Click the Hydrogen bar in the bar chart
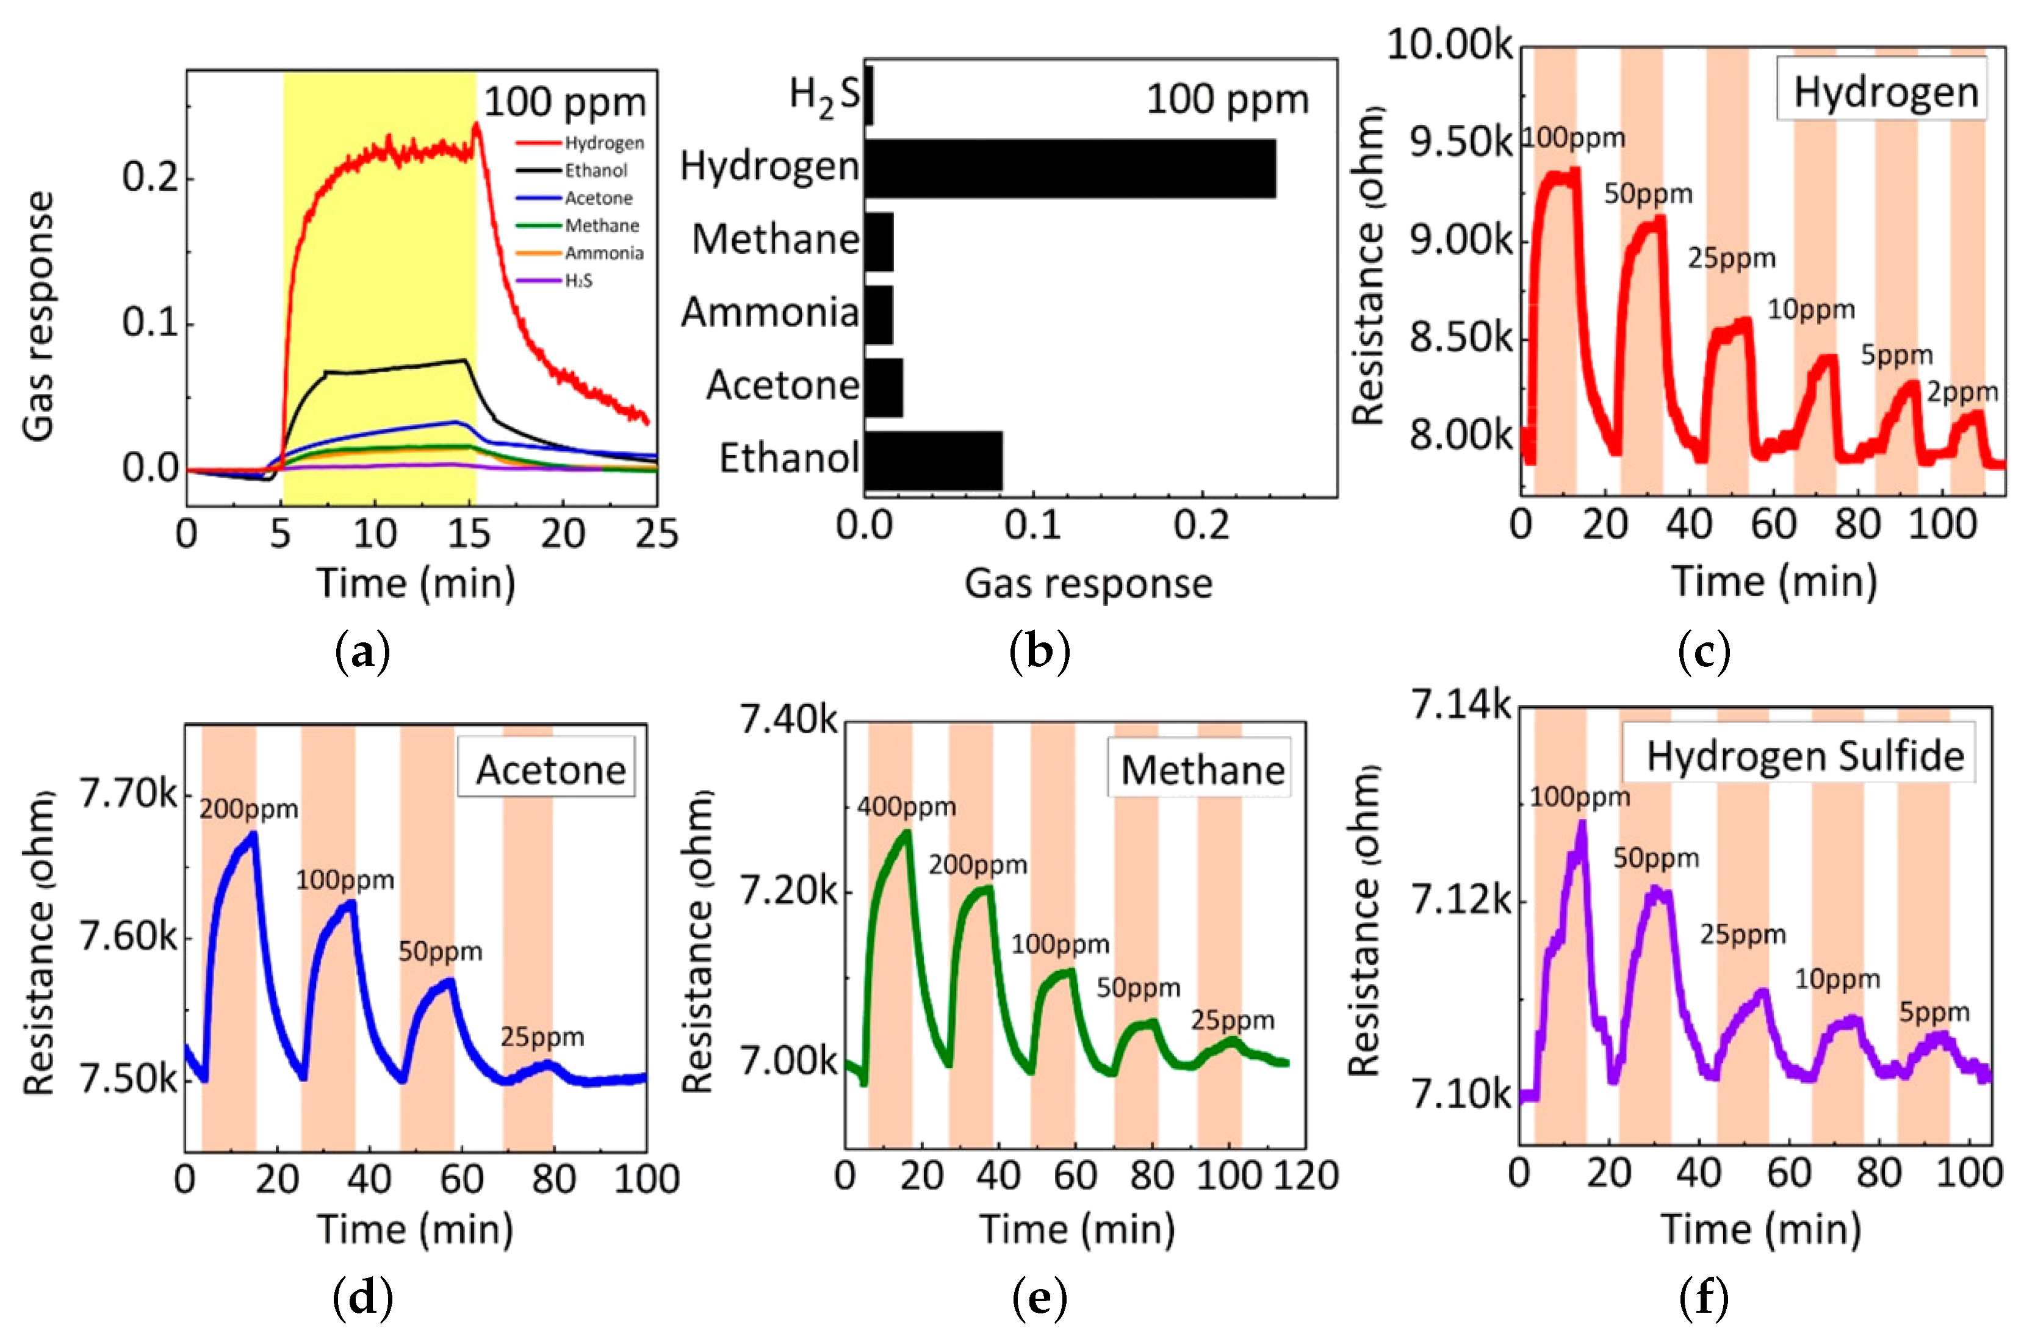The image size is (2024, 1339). coord(1069,168)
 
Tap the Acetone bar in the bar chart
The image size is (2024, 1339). coord(883,388)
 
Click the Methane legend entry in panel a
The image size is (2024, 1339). coord(601,226)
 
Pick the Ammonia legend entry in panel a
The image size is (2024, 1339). coord(603,253)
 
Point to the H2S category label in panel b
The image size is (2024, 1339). coord(824,96)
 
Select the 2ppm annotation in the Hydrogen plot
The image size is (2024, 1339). coord(1962,392)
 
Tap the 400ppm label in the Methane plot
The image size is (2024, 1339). coord(906,806)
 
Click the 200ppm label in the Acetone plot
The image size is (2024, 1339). coord(248,809)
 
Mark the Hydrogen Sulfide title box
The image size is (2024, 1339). coord(1804,756)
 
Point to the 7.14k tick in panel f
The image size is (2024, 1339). coord(1460,705)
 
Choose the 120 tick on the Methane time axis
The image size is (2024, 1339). coord(1306,1176)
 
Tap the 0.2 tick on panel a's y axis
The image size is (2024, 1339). coord(150,177)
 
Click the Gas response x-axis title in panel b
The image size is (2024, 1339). coord(1088,584)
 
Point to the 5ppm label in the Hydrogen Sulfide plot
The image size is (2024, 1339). coord(1934,1012)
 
